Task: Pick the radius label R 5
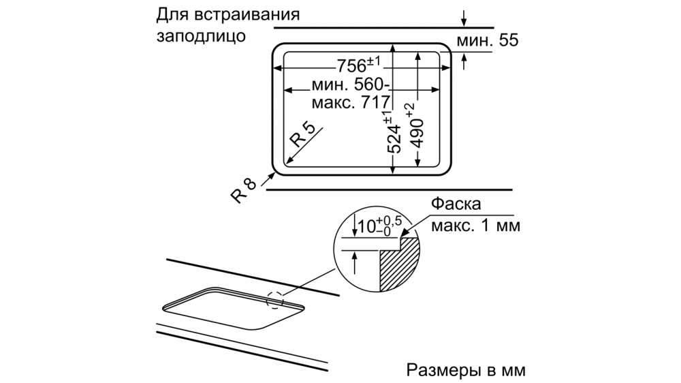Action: click(x=302, y=136)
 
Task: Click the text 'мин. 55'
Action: click(x=487, y=41)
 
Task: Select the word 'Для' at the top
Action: click(x=170, y=14)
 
